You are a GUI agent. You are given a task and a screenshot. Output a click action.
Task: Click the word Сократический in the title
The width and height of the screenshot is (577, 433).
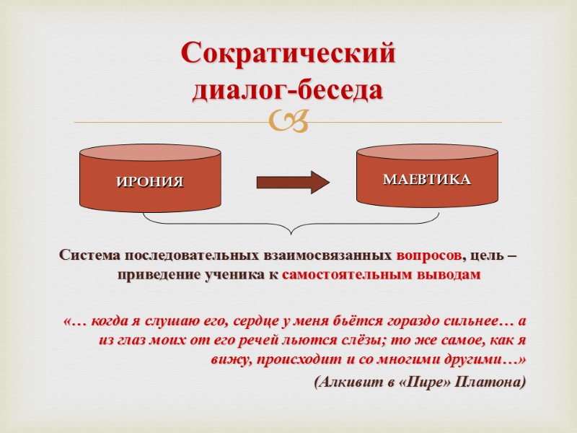pos(288,53)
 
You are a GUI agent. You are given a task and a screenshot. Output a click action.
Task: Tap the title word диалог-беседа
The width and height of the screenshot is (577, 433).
pos(288,91)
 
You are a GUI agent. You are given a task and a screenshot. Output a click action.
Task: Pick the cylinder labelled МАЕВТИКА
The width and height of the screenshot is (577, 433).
pos(427,178)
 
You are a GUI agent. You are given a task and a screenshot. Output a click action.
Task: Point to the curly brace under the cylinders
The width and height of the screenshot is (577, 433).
pos(288,224)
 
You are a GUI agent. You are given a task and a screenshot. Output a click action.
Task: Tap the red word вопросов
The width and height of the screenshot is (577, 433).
pos(428,256)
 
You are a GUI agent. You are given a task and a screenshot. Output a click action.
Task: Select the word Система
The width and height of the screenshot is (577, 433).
pos(91,256)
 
